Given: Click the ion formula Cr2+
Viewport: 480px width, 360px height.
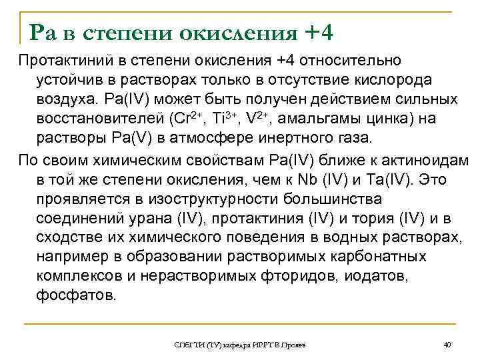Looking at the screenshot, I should pos(165,119).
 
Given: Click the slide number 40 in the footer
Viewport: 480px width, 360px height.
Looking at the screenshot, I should pos(447,344).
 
